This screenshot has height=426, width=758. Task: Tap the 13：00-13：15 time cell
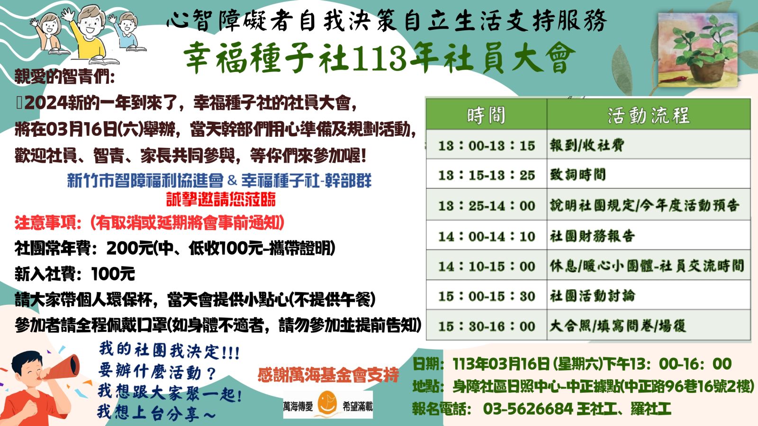486,145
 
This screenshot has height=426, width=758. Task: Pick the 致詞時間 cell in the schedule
578,175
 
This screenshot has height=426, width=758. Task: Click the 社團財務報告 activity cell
592,236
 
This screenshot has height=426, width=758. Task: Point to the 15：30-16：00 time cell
486,326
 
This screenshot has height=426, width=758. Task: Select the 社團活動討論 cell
593,296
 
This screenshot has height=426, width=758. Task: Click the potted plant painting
698,50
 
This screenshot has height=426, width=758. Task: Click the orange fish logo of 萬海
327,403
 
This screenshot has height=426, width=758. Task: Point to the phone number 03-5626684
528,409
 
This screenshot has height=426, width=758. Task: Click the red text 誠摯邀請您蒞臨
221,199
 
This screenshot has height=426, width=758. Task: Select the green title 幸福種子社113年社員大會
379,58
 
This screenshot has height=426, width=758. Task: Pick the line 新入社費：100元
75,274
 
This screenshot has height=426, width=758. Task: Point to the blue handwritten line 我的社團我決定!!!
169,351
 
